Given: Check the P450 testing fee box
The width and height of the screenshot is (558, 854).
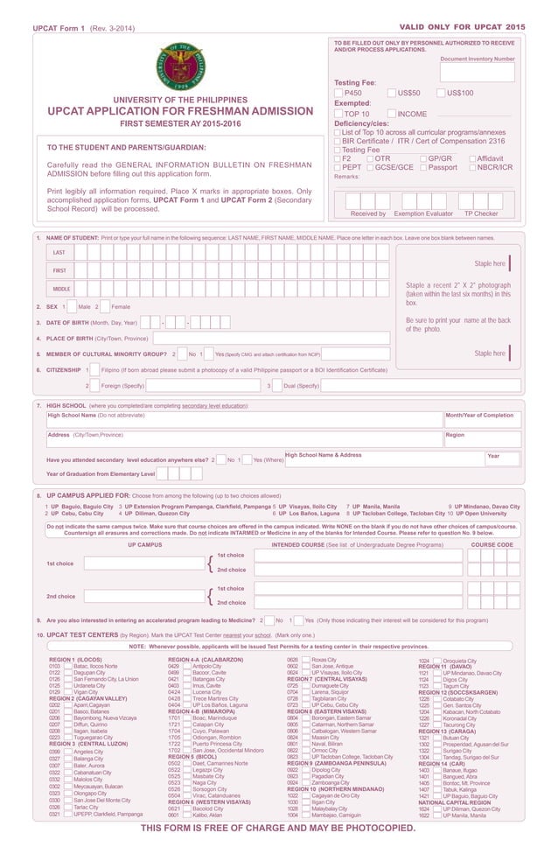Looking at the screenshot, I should pyautogui.click(x=338, y=93).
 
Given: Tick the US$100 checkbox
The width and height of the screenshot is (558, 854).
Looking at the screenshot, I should pyautogui.click(x=441, y=93).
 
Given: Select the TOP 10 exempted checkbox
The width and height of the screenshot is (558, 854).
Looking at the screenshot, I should pyautogui.click(x=338, y=114).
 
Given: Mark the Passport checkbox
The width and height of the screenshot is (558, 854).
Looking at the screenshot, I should pyautogui.click(x=423, y=167).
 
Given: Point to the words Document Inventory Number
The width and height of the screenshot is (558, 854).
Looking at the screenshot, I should pyautogui.click(x=478, y=59).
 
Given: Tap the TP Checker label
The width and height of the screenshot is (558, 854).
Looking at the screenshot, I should pyautogui.click(x=480, y=213).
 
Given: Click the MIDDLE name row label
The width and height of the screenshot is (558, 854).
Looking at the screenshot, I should pyautogui.click(x=61, y=289).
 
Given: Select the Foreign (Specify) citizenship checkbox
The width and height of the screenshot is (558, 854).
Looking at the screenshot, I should pyautogui.click(x=95, y=386).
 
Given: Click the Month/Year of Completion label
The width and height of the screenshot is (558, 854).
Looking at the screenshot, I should pyautogui.click(x=479, y=416).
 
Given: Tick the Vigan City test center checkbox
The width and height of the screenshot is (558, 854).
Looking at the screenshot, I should pyautogui.click(x=68, y=691).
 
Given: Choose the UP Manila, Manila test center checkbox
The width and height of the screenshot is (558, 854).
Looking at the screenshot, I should pyautogui.click(x=437, y=815).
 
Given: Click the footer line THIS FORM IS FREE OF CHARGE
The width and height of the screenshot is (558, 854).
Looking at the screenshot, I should pyautogui.click(x=278, y=829).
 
